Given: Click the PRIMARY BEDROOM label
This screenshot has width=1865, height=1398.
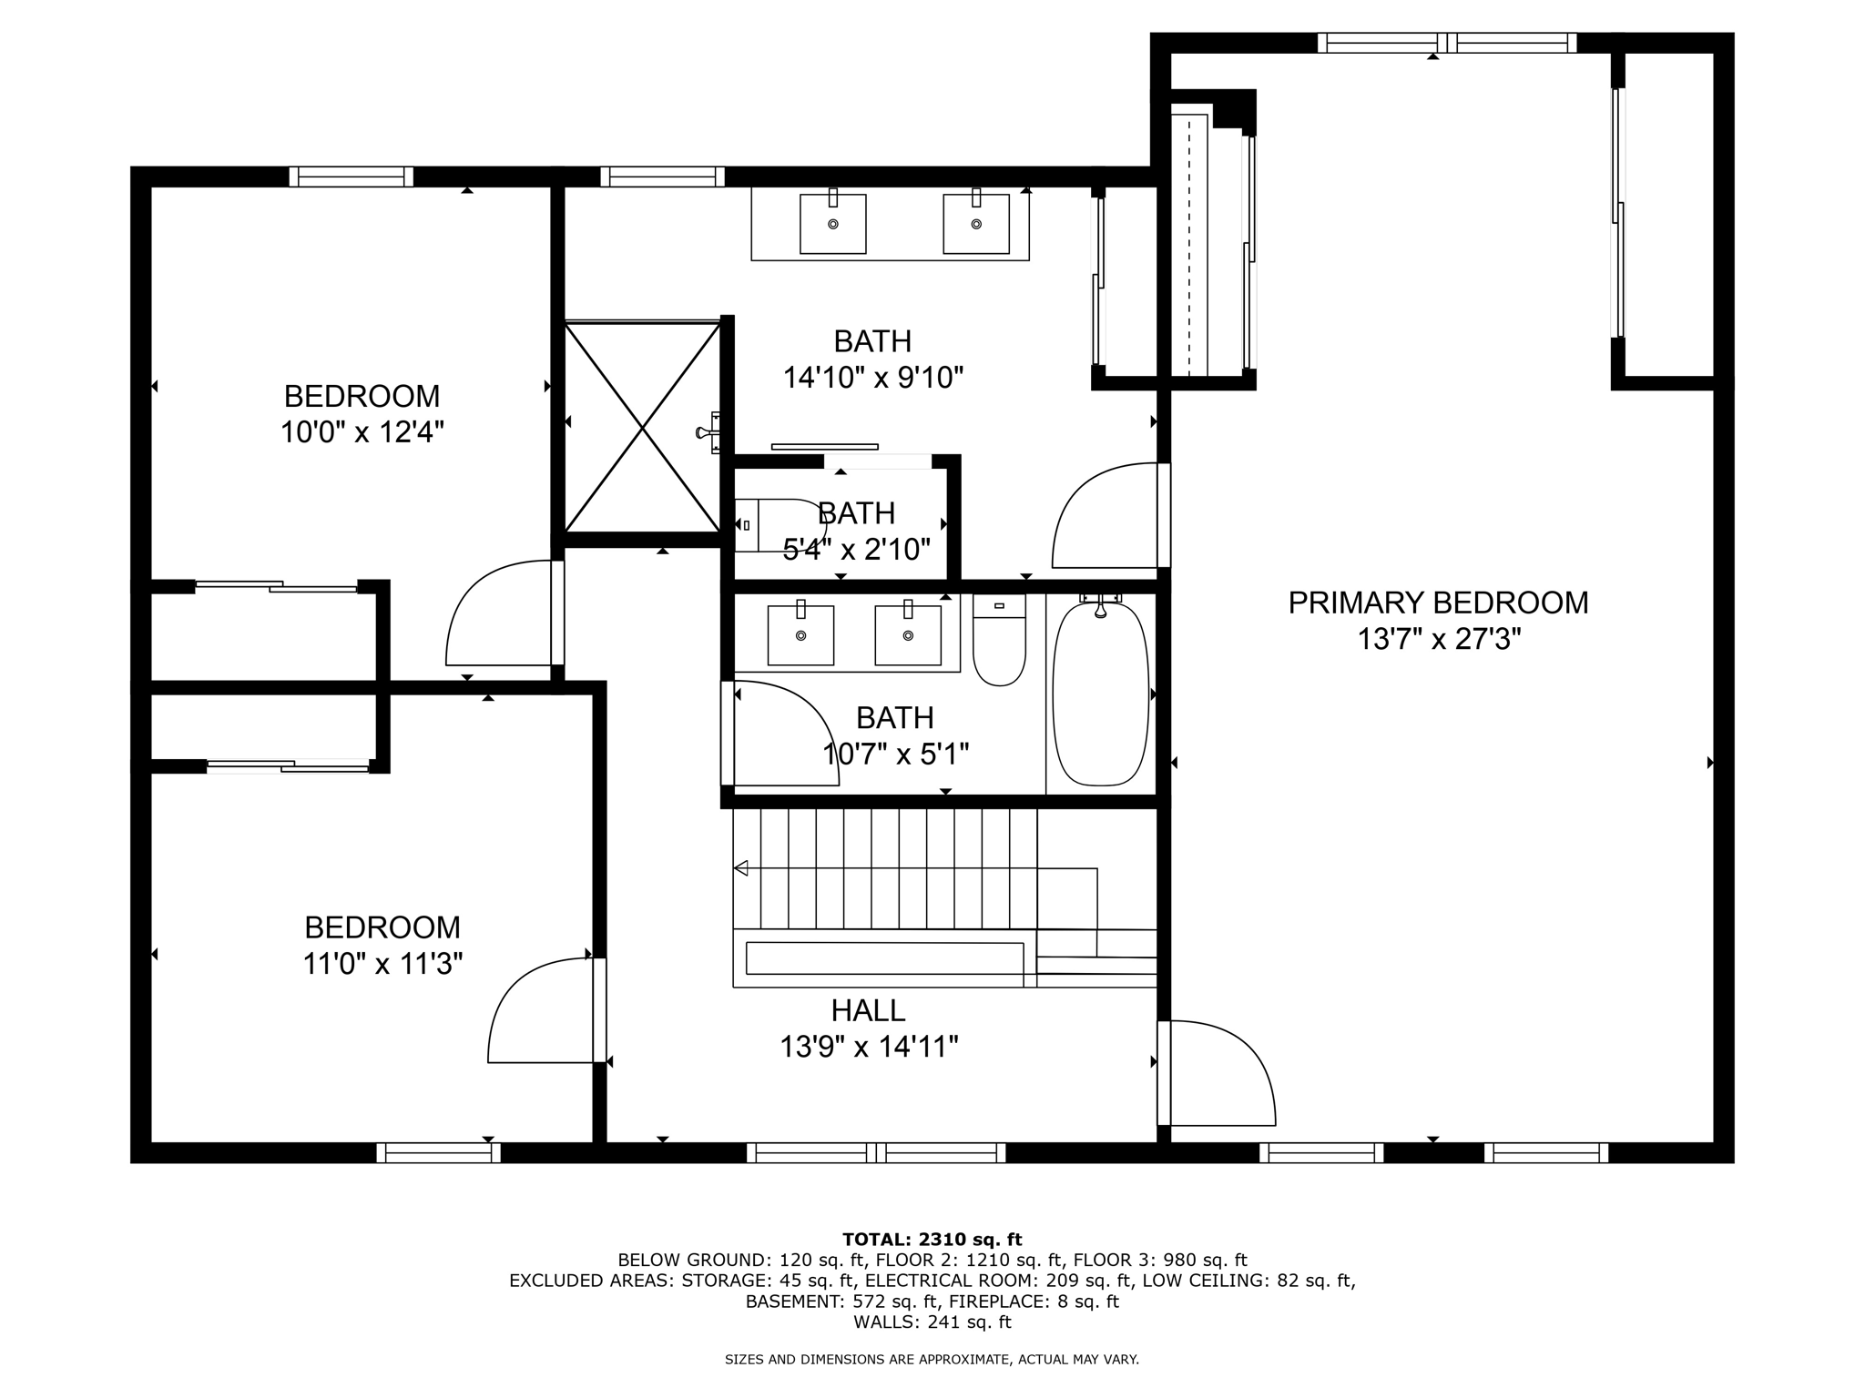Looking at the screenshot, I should [x=1437, y=603].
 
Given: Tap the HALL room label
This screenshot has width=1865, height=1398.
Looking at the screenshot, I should [x=867, y=1010].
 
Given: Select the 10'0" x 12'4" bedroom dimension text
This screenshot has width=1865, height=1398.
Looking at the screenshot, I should [x=362, y=431].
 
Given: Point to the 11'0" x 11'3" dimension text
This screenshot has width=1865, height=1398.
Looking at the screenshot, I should [x=382, y=963].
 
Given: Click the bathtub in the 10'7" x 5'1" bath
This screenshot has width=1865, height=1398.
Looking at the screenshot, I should [x=1100, y=694].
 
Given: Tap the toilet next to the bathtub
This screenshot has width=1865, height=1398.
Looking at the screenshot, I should [x=999, y=641].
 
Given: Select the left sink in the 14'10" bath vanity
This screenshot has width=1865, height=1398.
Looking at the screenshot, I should [x=832, y=224].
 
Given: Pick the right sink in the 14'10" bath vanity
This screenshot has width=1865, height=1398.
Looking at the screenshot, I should [x=975, y=224].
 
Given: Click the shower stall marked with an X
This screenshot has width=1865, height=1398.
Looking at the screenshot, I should [x=643, y=427].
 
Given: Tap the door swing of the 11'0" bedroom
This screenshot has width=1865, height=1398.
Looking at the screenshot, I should [x=542, y=1011].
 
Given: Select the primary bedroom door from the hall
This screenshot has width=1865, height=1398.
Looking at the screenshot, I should [x=1220, y=1074].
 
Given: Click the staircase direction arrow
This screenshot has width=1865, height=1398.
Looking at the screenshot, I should [x=741, y=868].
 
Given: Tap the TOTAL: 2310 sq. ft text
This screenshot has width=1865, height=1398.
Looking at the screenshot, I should [x=932, y=1239].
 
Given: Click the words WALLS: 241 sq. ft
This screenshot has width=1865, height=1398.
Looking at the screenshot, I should [x=932, y=1322].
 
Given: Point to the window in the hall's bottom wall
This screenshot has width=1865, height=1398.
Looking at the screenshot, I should [x=876, y=1153].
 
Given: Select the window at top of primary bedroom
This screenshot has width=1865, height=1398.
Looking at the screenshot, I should [x=1446, y=43].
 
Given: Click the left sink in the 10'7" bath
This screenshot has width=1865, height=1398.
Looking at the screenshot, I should [x=800, y=635].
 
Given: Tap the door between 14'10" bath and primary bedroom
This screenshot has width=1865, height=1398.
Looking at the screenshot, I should [x=1106, y=516].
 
